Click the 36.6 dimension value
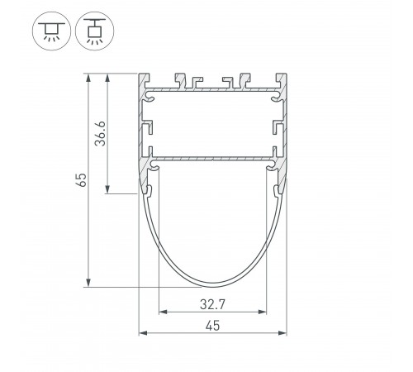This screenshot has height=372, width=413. (100, 133)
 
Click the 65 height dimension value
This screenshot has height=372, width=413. (82, 180)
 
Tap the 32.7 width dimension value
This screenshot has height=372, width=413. (212, 304)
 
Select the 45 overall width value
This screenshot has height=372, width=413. (212, 326)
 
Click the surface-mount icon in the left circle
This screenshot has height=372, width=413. (51, 31)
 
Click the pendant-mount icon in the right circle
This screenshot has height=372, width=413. (94, 31)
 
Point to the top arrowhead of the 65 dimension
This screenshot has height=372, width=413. (88, 78)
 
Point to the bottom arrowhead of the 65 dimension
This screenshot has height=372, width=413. (88, 283)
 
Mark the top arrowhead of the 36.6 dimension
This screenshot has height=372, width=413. (107, 78)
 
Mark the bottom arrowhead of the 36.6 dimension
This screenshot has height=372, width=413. (107, 189)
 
